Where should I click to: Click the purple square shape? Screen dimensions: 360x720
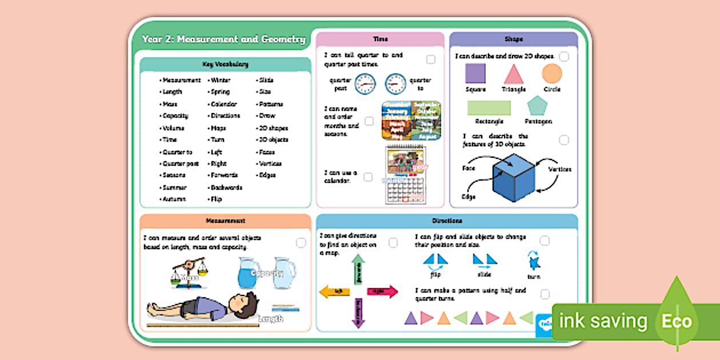coord(475,74)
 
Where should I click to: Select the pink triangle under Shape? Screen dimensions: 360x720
coord(514,75)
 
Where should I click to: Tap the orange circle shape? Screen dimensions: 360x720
coord(552,74)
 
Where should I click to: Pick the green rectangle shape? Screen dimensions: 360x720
coord(489,107)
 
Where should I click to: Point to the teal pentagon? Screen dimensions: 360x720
coord(537,106)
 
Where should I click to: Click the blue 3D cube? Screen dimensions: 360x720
coord(514,178)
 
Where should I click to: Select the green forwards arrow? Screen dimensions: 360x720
coord(358,269)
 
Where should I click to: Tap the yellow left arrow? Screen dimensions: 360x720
coord(334,291)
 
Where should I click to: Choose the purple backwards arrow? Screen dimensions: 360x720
coord(358,313)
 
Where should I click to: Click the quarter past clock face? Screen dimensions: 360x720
coord(365,85)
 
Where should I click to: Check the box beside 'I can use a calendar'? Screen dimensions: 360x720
coord(368,177)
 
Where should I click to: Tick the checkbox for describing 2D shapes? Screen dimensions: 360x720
coord(564,57)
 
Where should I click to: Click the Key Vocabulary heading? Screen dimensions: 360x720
coord(225,65)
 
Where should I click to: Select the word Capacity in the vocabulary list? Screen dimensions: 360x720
coord(175,116)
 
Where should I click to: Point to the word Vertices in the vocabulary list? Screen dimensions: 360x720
coord(270,164)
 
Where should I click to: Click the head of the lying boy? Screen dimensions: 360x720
coord(245,303)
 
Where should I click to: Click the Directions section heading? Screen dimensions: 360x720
coord(447,221)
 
